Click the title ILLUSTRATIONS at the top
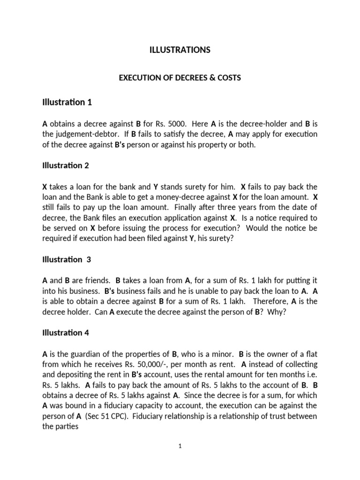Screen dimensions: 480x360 [180, 50]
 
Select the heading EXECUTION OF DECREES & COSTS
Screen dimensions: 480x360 [180, 78]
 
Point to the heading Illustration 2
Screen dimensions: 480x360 [65, 165]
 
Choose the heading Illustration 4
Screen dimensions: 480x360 [65, 333]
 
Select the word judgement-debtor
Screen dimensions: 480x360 [84, 135]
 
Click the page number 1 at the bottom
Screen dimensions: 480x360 [180, 447]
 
